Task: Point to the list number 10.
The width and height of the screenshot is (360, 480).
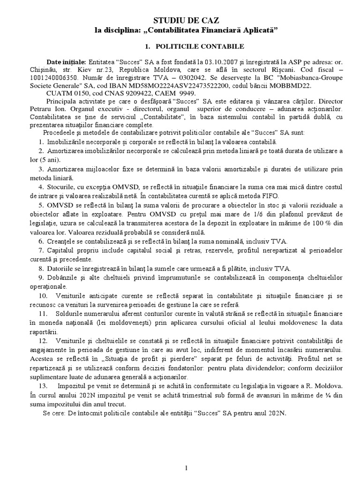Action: (43, 296)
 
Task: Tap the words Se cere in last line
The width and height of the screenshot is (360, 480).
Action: (54, 414)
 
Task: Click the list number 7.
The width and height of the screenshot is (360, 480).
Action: (41, 251)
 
